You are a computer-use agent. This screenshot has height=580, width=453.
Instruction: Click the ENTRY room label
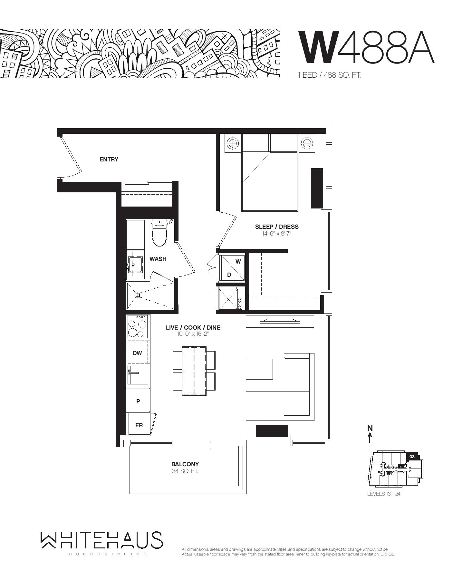(109, 159)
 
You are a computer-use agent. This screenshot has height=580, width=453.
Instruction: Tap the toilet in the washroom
(159, 232)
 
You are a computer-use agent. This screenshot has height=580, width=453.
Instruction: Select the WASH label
(158, 259)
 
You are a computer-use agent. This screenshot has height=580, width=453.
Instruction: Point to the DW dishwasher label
(137, 353)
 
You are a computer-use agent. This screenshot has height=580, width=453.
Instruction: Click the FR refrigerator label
(139, 425)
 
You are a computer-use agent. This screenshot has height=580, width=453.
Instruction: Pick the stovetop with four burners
(138, 326)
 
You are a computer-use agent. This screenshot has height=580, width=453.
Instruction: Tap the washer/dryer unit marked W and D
(232, 267)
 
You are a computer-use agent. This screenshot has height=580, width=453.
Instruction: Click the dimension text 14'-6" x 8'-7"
(276, 234)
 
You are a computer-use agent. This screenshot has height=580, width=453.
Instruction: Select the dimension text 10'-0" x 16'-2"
(193, 334)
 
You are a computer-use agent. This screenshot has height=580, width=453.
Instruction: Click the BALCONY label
(185, 464)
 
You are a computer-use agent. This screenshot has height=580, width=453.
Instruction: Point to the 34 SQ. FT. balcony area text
(185, 471)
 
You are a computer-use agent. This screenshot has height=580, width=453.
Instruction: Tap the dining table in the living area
(194, 371)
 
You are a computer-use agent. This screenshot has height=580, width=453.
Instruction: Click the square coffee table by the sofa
(259, 369)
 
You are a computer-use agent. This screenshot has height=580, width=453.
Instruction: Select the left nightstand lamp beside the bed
(233, 142)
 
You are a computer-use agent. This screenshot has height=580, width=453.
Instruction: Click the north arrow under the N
(370, 438)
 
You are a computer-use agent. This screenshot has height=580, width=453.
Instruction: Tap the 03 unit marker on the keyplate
(412, 457)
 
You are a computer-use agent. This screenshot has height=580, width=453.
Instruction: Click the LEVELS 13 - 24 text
(384, 494)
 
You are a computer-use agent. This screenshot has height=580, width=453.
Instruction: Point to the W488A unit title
(367, 47)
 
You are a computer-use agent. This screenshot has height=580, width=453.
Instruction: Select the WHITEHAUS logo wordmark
(101, 540)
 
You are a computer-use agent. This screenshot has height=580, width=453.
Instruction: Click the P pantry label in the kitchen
(138, 401)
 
